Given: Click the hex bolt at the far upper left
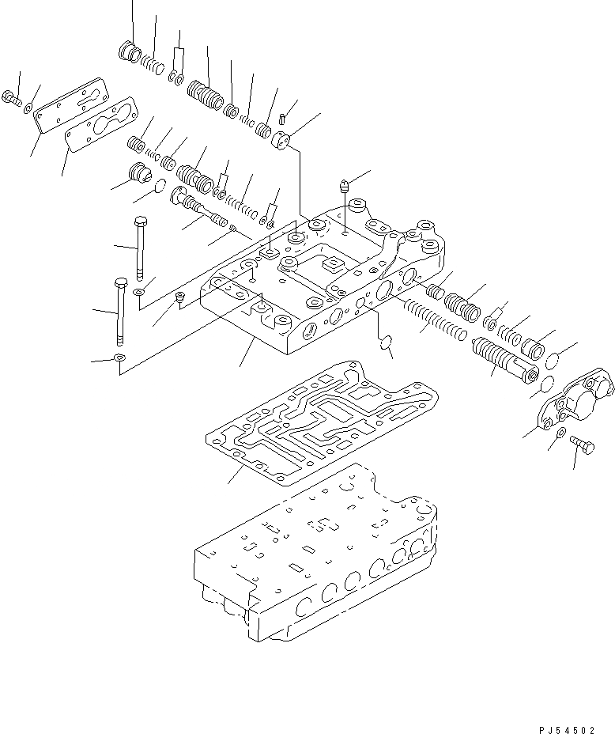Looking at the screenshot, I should coord(12,99).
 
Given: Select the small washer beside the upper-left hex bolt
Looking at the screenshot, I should coord(28,107).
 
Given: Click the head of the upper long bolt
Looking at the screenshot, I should coord(140,221).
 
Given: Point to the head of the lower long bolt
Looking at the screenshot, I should coord(121,282).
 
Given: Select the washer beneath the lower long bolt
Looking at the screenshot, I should coord(119,359).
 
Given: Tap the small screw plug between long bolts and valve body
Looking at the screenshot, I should coord(180,297).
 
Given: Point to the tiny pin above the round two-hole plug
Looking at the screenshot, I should coord(281,119).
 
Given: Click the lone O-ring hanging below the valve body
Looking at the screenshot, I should coord(387,343).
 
